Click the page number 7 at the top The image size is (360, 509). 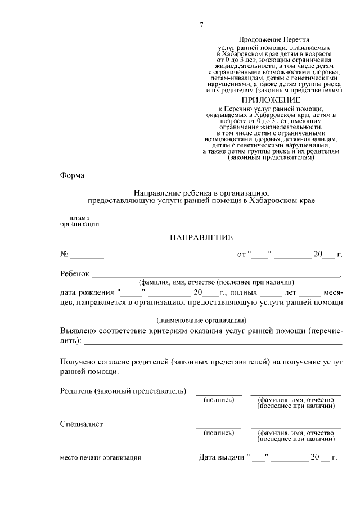point(201,24)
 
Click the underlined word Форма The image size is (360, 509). point(72,175)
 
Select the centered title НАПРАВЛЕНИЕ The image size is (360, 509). point(201,238)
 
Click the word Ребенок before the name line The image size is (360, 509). point(75,274)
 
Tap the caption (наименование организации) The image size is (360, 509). point(201,320)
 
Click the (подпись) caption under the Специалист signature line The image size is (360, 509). point(218,433)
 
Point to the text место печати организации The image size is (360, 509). point(101,458)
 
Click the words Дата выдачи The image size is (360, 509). point(221,457)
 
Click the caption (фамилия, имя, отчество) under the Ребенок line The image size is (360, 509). point(217,282)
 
